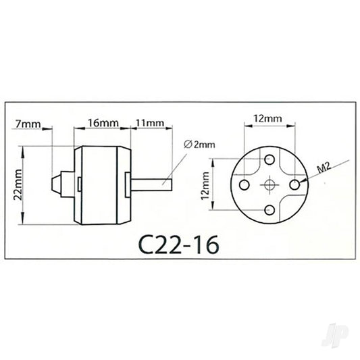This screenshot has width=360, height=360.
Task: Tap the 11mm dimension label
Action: pyautogui.click(x=150, y=124)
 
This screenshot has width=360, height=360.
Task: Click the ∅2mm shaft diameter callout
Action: pyautogui.click(x=197, y=145)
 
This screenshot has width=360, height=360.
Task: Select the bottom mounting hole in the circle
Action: pyautogui.click(x=269, y=208)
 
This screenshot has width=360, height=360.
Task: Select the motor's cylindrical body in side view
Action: pyautogui.click(x=101, y=182)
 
